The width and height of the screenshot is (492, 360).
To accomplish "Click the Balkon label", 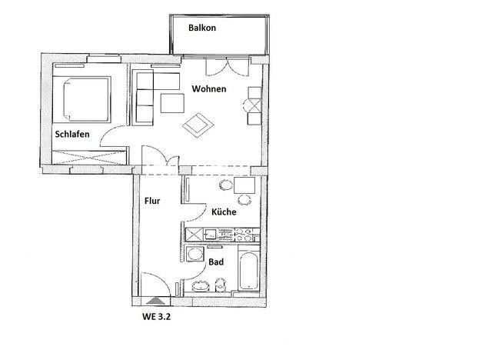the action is (x=202, y=28).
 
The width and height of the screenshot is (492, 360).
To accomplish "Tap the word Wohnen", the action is (x=209, y=88).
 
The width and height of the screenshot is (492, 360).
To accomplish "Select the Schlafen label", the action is (x=72, y=135).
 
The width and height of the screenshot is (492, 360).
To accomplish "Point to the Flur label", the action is (x=152, y=201).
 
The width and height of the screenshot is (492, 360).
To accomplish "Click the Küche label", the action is (x=224, y=212).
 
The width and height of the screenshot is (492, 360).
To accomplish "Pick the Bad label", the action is (x=216, y=262).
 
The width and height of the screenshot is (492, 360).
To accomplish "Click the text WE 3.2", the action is (x=156, y=317).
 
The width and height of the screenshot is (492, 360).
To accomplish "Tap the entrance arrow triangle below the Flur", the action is (x=155, y=301).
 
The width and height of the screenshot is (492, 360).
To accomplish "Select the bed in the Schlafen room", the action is (x=82, y=99).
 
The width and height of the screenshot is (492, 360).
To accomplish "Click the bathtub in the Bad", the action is (x=248, y=271).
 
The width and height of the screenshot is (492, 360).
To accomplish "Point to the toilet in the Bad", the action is (x=221, y=285).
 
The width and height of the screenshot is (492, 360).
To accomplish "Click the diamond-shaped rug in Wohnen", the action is (x=198, y=125).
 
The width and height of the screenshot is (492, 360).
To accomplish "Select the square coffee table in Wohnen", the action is (x=172, y=103).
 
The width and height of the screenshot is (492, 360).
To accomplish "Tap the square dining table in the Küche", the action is (x=244, y=185).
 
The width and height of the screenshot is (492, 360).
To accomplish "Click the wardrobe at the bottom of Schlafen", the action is (x=89, y=157).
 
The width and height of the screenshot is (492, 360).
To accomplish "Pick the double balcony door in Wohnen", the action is (x=228, y=67).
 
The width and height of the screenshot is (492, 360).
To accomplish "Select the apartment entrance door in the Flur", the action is (x=154, y=284).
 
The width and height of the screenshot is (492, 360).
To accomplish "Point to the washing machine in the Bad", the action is (x=194, y=254).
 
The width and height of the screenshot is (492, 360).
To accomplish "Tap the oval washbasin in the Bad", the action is (x=201, y=286).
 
